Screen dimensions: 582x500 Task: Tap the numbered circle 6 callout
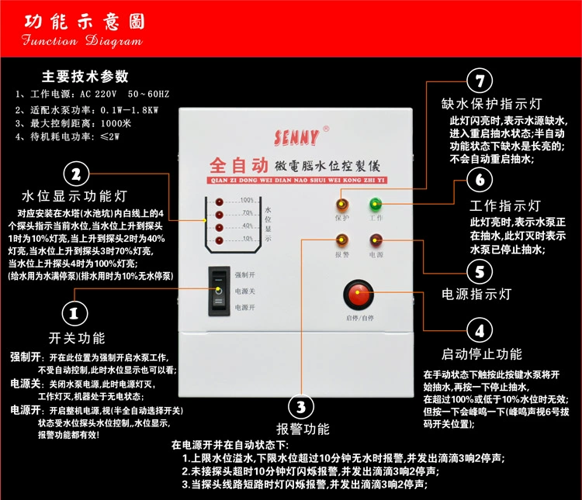tap(480, 181)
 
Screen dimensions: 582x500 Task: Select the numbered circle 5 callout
tap(480, 272)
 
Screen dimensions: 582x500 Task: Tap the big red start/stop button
tap(358, 295)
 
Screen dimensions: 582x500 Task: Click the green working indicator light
tap(376, 205)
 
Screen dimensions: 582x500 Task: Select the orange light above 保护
tap(341, 205)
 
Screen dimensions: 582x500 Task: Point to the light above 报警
tap(341, 241)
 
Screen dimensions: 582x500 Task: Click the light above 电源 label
tap(376, 241)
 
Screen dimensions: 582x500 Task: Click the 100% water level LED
tap(220, 202)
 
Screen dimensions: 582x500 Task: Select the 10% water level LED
tap(220, 238)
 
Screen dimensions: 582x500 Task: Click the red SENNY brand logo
tap(296, 138)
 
